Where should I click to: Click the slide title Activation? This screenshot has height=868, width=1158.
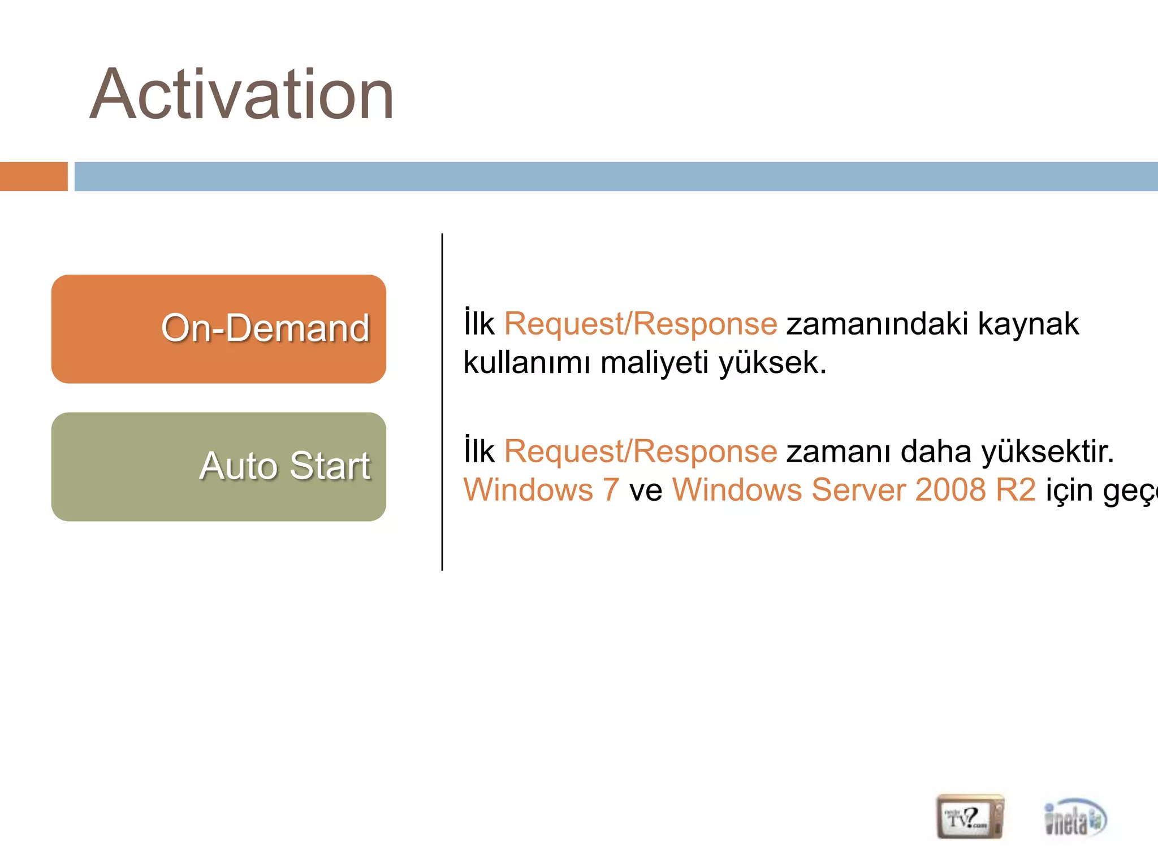[241, 94]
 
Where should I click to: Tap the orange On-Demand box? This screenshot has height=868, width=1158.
[218, 329]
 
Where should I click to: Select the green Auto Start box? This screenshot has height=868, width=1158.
[218, 467]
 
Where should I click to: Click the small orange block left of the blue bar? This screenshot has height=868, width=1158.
[33, 176]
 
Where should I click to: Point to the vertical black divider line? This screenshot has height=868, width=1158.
[442, 401]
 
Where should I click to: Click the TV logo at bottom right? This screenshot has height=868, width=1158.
[970, 817]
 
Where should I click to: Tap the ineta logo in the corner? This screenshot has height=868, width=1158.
[1074, 817]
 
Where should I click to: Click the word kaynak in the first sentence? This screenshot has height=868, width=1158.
[1028, 324]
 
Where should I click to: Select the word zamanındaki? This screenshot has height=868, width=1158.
[877, 324]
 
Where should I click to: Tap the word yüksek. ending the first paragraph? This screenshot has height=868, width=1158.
[772, 363]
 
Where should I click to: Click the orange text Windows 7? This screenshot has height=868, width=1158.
[541, 490]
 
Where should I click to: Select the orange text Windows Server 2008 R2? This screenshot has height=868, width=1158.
[854, 490]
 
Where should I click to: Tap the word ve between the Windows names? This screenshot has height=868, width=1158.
[645, 490]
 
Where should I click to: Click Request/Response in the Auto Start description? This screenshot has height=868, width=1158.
[641, 452]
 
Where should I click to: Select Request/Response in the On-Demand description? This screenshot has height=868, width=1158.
[641, 324]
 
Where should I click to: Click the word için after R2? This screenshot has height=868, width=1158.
[1069, 490]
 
